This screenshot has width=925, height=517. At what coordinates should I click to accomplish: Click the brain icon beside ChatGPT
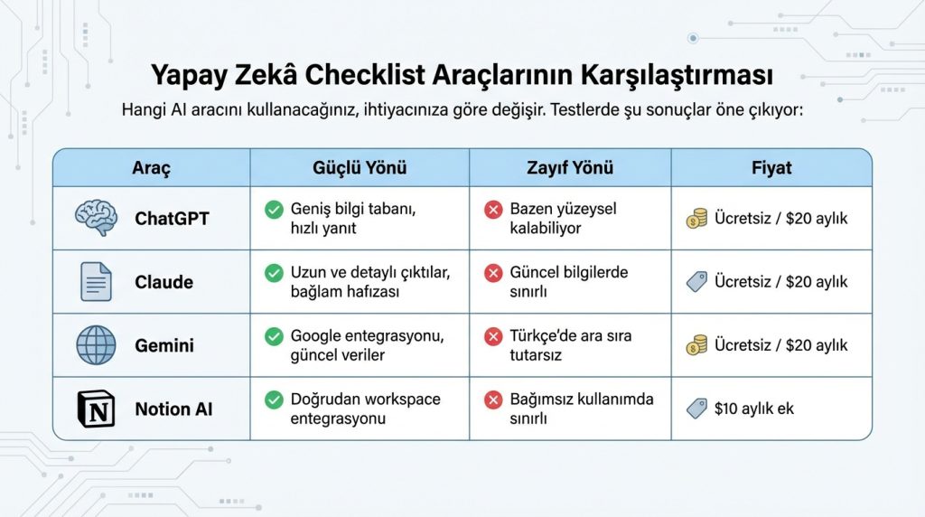95,218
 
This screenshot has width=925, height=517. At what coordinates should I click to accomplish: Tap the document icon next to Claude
95,281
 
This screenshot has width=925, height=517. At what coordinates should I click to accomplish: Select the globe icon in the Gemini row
95,345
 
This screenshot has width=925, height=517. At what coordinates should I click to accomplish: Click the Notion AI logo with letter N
95,409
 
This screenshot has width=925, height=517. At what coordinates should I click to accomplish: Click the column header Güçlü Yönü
359,168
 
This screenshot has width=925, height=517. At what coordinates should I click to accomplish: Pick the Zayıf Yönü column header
569,168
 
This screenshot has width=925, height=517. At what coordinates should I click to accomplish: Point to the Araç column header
151,168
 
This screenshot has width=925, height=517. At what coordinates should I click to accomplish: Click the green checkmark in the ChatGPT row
273,210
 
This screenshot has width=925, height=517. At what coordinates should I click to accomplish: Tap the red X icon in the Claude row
493,273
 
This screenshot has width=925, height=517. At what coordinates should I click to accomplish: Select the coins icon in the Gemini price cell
696,345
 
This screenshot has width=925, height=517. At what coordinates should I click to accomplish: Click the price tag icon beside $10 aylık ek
696,409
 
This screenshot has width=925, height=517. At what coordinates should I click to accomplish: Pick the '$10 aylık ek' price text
753,409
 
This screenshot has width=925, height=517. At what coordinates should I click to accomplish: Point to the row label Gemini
164,345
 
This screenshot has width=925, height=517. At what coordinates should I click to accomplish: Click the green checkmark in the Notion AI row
273,399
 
